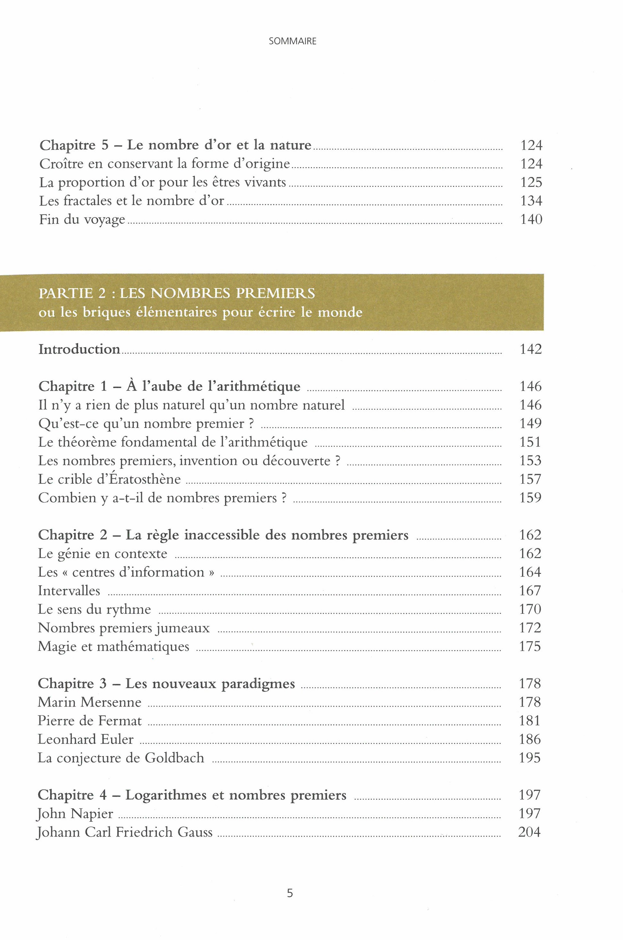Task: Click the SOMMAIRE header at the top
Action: [x=292, y=41]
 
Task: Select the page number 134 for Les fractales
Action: [x=531, y=201]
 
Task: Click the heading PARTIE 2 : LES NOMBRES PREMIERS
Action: [x=177, y=293]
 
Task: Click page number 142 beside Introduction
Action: [x=531, y=349]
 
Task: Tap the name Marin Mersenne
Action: [x=89, y=702]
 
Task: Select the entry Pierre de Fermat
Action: [x=90, y=721]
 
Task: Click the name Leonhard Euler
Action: [x=86, y=739]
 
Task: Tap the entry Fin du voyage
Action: [x=82, y=219]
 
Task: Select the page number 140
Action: [x=531, y=219]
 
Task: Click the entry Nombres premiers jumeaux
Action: [x=124, y=628]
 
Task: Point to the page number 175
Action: [x=530, y=647]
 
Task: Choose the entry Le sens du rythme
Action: [x=94, y=609]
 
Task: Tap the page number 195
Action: [x=530, y=758]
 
